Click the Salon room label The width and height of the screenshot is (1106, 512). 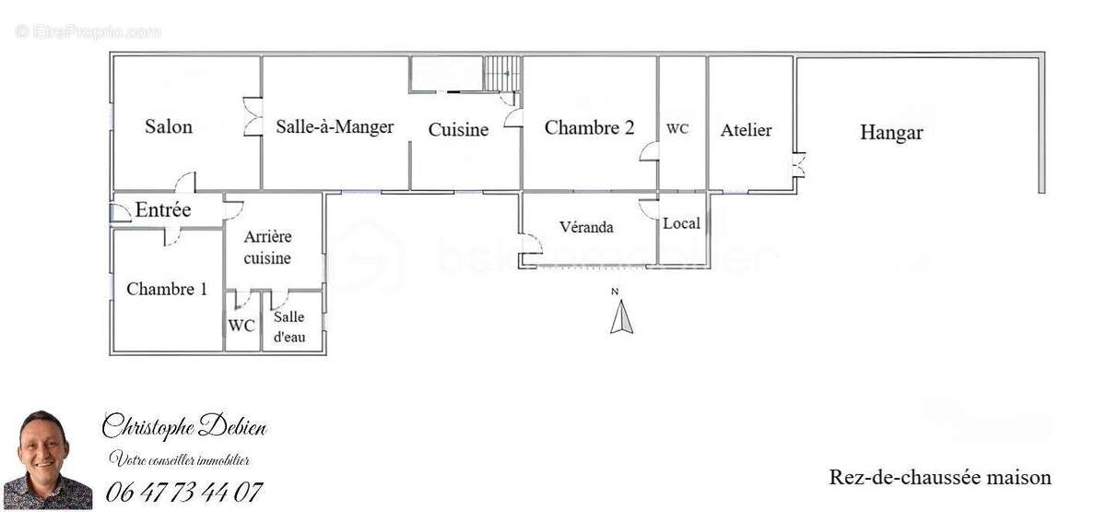click(x=169, y=126)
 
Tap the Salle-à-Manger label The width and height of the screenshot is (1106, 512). click(x=335, y=126)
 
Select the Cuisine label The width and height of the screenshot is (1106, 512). click(x=458, y=129)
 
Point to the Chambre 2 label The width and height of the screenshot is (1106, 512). click(x=589, y=127)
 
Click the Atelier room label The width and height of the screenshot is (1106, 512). click(x=746, y=130)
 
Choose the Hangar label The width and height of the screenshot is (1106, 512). click(x=891, y=133)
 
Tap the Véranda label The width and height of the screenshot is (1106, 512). click(x=586, y=227)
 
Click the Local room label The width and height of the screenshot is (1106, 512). click(x=681, y=223)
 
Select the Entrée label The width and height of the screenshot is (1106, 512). click(x=163, y=209)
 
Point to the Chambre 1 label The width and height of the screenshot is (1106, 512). click(x=167, y=289)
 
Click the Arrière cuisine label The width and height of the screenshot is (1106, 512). click(x=267, y=247)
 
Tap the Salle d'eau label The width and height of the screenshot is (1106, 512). click(x=289, y=327)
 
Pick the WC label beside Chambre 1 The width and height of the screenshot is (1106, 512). click(x=241, y=326)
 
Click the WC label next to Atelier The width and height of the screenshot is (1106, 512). click(x=677, y=128)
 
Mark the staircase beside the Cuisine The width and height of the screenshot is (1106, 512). click(x=501, y=74)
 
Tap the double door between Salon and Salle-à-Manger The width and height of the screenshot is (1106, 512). click(x=253, y=117)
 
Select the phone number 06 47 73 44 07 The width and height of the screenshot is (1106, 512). click(x=183, y=493)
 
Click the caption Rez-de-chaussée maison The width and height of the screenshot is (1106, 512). click(x=940, y=478)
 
